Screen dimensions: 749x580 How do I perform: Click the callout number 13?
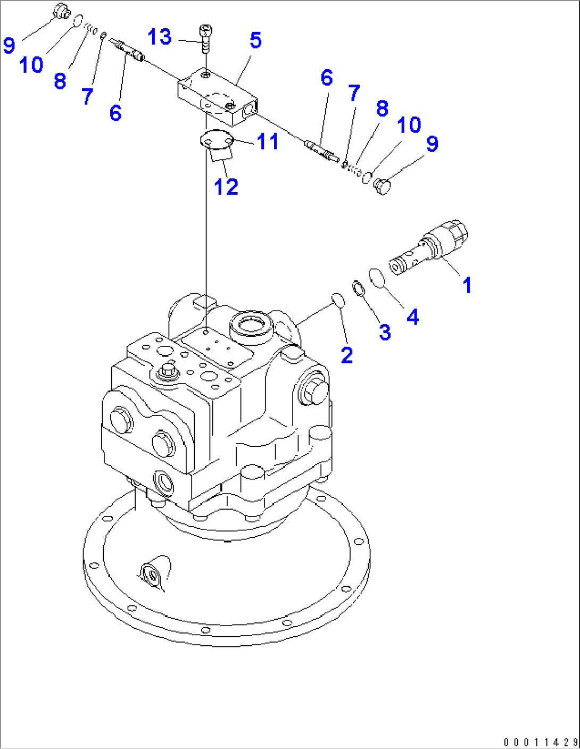coord(160,37)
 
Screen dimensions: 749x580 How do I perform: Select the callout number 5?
coord(255,40)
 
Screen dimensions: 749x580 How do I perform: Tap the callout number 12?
coord(226,187)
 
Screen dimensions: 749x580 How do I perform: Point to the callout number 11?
coord(267,142)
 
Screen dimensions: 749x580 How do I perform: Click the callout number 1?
coord(467,285)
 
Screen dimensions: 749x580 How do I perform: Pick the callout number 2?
coord(347,355)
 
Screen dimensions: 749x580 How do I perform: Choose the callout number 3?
coord(385,332)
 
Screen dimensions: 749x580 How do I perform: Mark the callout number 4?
coord(412,317)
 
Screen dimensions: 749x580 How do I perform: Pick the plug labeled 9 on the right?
coord(382,187)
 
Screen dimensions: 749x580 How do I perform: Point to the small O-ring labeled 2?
coord(338,299)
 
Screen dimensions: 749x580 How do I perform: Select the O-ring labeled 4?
coord(376,277)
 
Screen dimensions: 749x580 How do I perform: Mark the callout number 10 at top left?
coord(31,65)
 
